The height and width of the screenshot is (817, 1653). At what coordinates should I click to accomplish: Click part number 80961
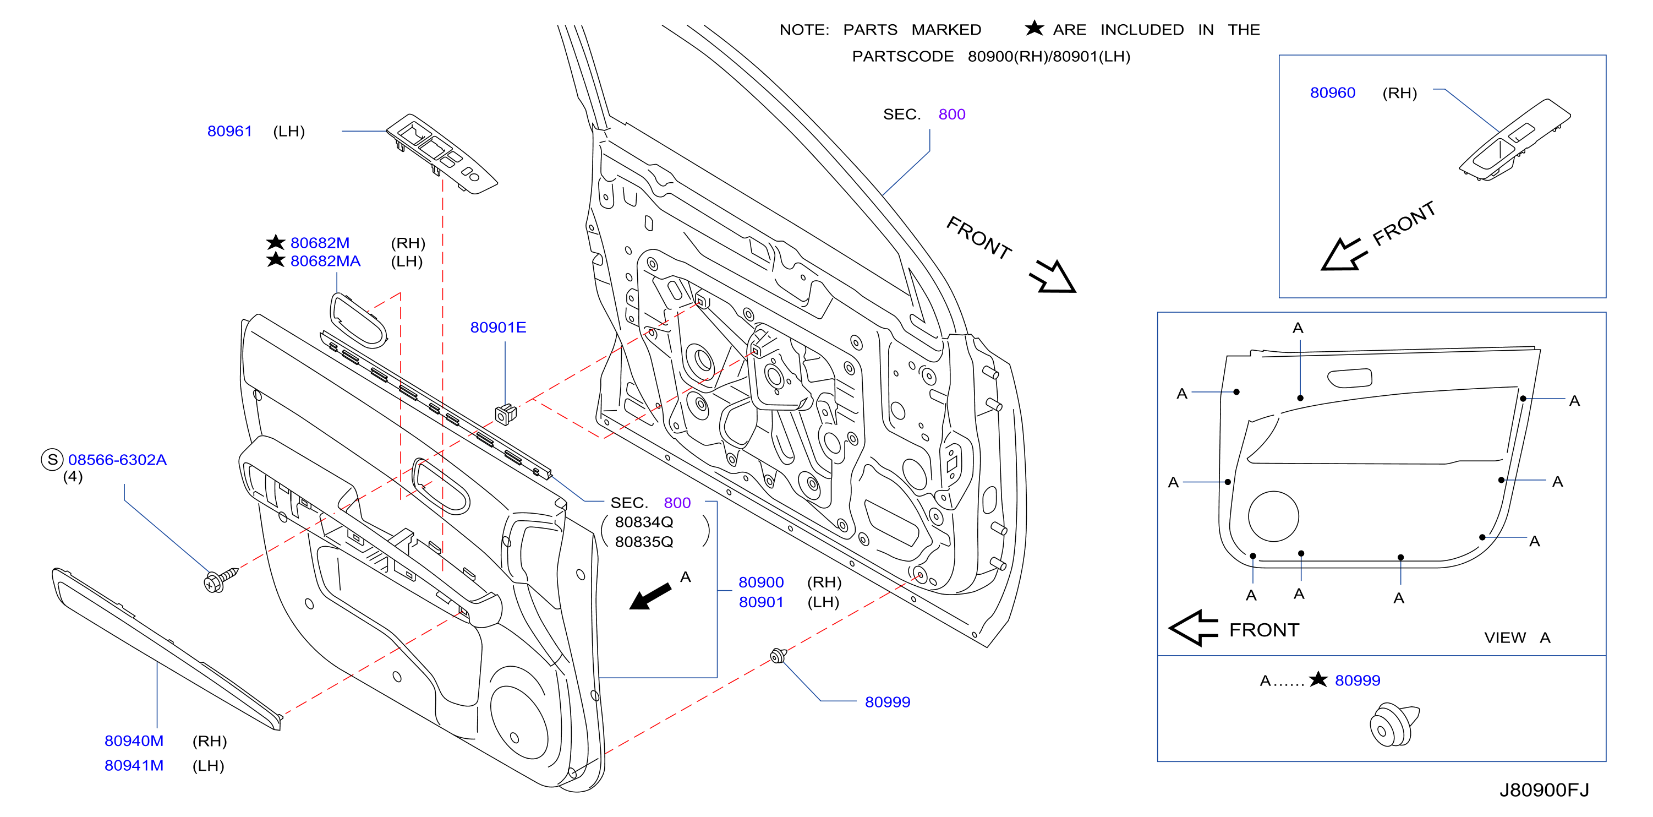[229, 131]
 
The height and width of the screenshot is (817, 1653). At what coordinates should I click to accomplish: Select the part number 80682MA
[325, 261]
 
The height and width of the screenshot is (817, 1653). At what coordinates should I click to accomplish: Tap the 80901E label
[498, 328]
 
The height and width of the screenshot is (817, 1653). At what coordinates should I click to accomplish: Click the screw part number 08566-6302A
[117, 460]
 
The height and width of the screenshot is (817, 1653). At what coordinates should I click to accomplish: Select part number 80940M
[134, 740]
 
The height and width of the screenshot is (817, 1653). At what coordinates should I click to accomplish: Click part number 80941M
[134, 765]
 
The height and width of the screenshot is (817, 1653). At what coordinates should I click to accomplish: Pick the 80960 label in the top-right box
[1332, 92]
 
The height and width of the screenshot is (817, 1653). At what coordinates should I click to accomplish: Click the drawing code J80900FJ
[1544, 789]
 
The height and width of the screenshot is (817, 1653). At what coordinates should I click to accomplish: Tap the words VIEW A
[1517, 638]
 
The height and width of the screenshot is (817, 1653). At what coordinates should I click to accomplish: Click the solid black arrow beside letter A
[649, 596]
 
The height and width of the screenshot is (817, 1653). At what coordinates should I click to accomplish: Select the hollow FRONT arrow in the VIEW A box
[1193, 628]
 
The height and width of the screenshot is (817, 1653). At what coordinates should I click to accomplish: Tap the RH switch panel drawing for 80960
[1514, 139]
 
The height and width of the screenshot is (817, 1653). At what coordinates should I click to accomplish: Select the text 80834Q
[644, 522]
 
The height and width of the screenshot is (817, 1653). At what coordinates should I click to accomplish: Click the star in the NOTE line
[1034, 28]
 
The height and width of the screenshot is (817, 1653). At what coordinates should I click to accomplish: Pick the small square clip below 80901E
[506, 414]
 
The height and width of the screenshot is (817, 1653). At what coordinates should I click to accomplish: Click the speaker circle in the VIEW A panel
[1273, 516]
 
